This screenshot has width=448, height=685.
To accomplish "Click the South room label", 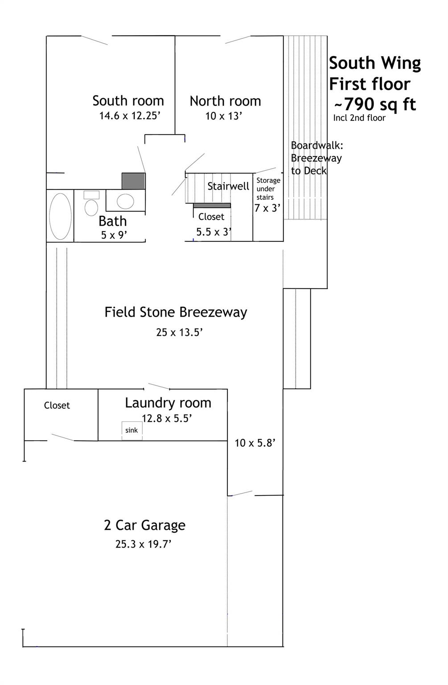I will click(x=128, y=101).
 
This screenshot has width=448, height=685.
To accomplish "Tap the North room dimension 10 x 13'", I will click(x=223, y=116).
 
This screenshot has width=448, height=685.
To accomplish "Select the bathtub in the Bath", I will click(x=60, y=216).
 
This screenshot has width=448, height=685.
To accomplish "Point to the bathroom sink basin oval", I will click(x=125, y=201).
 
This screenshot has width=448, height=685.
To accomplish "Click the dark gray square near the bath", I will click(x=133, y=181).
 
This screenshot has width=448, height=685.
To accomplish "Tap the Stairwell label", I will click(x=228, y=186).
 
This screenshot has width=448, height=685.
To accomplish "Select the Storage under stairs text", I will click(x=268, y=189).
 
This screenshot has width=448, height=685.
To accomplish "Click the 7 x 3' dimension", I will click(x=267, y=208).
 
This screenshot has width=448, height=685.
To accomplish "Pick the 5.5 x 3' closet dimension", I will click(x=214, y=232).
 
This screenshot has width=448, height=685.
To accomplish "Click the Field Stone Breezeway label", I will click(x=176, y=312).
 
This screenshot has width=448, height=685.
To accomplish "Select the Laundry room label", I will click(x=168, y=403).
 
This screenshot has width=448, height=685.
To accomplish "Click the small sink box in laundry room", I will click(x=132, y=430).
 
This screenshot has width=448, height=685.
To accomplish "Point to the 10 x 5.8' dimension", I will click(x=255, y=443).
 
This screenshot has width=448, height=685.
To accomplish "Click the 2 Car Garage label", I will click(x=144, y=525).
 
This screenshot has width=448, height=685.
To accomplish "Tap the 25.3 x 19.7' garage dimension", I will click(x=144, y=544).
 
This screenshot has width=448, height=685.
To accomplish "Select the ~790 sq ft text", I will click(x=375, y=104).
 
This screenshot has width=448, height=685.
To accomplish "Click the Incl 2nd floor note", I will click(x=359, y=118).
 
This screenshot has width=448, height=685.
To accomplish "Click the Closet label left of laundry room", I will click(x=57, y=405).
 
